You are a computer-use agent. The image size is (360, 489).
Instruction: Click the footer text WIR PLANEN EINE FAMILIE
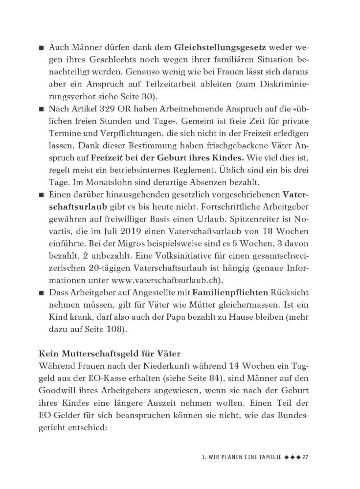(x=240, y=457)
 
